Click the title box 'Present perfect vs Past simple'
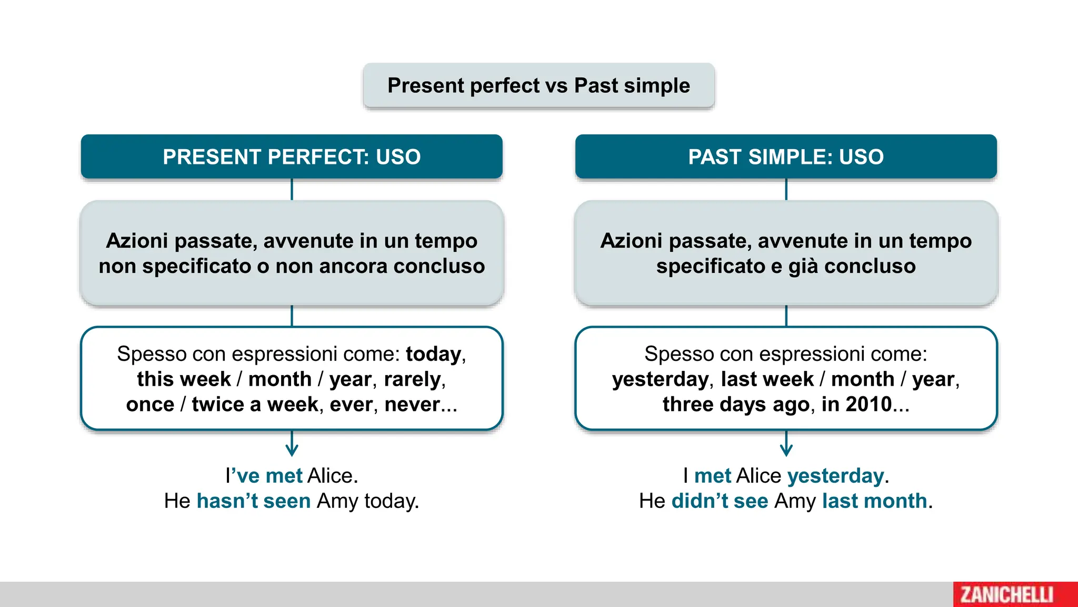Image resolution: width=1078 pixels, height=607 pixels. (538, 85)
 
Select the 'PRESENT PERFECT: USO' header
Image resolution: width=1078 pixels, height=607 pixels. (292, 156)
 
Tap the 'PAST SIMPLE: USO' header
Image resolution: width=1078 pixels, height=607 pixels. (786, 156)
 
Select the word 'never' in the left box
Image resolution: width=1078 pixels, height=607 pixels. (412, 405)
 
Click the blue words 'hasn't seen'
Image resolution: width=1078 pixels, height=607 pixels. (254, 501)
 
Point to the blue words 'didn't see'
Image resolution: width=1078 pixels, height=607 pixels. (720, 501)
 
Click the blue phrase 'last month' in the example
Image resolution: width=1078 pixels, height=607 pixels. (874, 501)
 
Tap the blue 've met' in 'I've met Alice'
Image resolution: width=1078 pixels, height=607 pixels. (268, 475)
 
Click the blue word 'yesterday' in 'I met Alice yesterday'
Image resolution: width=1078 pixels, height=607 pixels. (835, 475)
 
